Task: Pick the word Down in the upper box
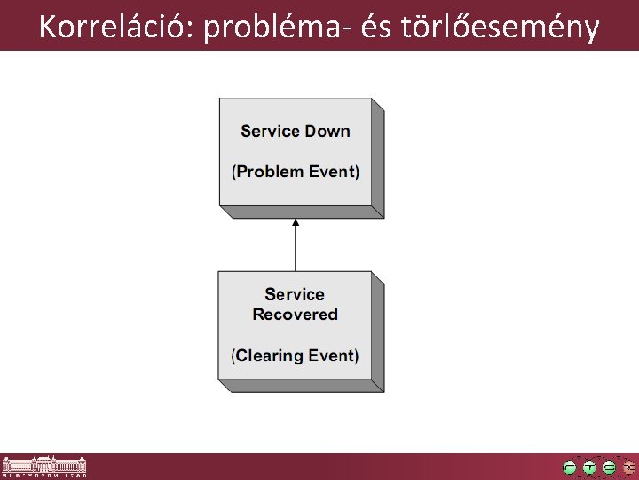(x=327, y=132)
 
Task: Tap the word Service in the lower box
(x=295, y=294)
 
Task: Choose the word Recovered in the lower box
(x=295, y=315)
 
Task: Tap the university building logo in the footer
(x=44, y=467)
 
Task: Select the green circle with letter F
(x=570, y=468)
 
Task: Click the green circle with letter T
(x=589, y=468)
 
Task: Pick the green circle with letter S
(x=609, y=468)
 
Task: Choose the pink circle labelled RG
(x=628, y=468)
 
